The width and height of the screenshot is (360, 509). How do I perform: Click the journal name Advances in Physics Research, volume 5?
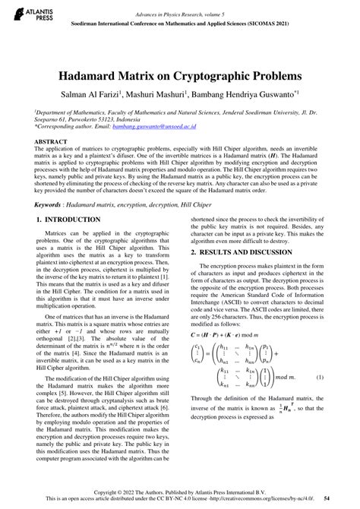click(179, 14)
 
